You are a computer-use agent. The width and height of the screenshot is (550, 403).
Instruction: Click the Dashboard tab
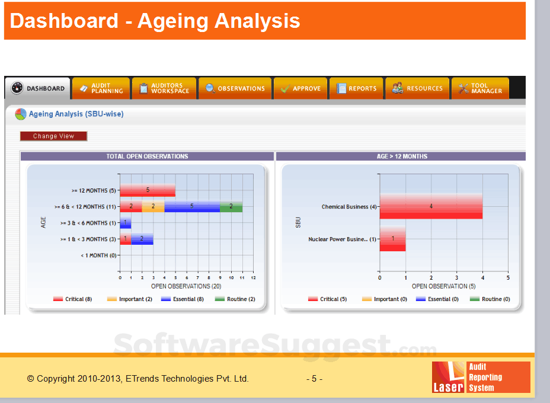tap(38, 88)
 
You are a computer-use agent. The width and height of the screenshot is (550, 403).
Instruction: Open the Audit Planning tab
tap(100, 88)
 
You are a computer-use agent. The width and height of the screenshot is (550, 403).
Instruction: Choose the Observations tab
tap(235, 88)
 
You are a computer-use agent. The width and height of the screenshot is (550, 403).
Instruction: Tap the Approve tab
tap(300, 88)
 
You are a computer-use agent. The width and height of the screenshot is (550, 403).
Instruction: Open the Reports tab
tap(356, 88)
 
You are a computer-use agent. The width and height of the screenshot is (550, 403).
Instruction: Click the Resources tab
tap(417, 88)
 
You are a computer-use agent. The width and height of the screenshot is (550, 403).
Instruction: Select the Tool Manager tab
tap(479, 88)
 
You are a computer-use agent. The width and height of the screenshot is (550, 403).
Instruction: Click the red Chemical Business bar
tap(431, 206)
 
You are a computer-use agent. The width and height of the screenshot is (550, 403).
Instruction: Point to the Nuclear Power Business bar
tap(392, 239)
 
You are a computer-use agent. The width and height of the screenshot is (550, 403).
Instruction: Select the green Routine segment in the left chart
tap(231, 206)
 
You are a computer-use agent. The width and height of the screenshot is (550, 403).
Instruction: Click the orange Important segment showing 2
tap(153, 206)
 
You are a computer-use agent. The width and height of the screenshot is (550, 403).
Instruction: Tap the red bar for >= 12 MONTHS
tap(148, 190)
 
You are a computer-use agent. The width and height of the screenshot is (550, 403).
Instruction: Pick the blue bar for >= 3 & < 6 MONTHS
tap(125, 223)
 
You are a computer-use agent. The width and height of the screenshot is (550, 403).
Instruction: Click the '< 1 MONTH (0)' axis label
tap(98, 255)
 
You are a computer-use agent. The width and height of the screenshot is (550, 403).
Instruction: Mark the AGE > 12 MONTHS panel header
tap(401, 156)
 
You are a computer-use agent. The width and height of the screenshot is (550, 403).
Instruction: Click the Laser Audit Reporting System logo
tap(481, 377)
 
